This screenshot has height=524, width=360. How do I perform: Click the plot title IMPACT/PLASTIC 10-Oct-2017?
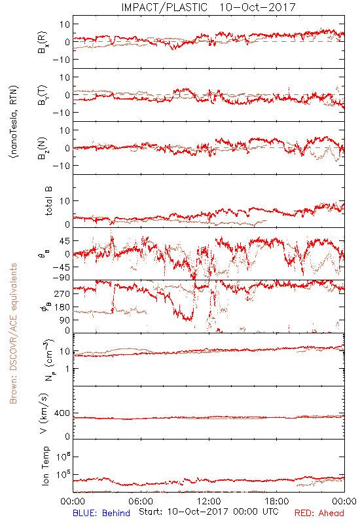point(208,7)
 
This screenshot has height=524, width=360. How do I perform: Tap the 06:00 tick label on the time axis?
point(141,501)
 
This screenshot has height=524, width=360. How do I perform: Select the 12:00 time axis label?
point(209,501)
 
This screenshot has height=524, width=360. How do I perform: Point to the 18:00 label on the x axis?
point(277,501)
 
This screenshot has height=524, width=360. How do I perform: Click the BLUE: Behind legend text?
point(101,513)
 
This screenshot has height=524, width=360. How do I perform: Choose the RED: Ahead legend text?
point(319,513)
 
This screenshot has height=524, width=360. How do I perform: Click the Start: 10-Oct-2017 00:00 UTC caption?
point(209,512)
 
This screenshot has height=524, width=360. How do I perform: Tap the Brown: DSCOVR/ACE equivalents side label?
point(13,333)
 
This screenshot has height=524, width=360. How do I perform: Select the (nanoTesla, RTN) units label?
point(14,121)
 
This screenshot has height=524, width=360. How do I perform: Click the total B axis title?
point(48,201)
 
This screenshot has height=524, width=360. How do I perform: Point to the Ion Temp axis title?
point(45,466)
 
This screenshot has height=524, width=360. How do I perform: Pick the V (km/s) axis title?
point(45,413)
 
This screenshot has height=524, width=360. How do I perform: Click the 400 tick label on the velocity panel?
point(62,413)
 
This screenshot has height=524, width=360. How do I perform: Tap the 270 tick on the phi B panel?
point(62,293)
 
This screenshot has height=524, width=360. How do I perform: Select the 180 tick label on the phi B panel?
point(62,307)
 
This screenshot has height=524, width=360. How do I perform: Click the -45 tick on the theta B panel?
point(60,267)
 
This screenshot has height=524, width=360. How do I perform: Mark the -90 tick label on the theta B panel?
point(60,277)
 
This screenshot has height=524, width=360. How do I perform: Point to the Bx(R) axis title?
point(43,42)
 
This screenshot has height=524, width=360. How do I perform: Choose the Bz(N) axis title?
point(43,148)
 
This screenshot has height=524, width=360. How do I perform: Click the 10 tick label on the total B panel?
point(65,201)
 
